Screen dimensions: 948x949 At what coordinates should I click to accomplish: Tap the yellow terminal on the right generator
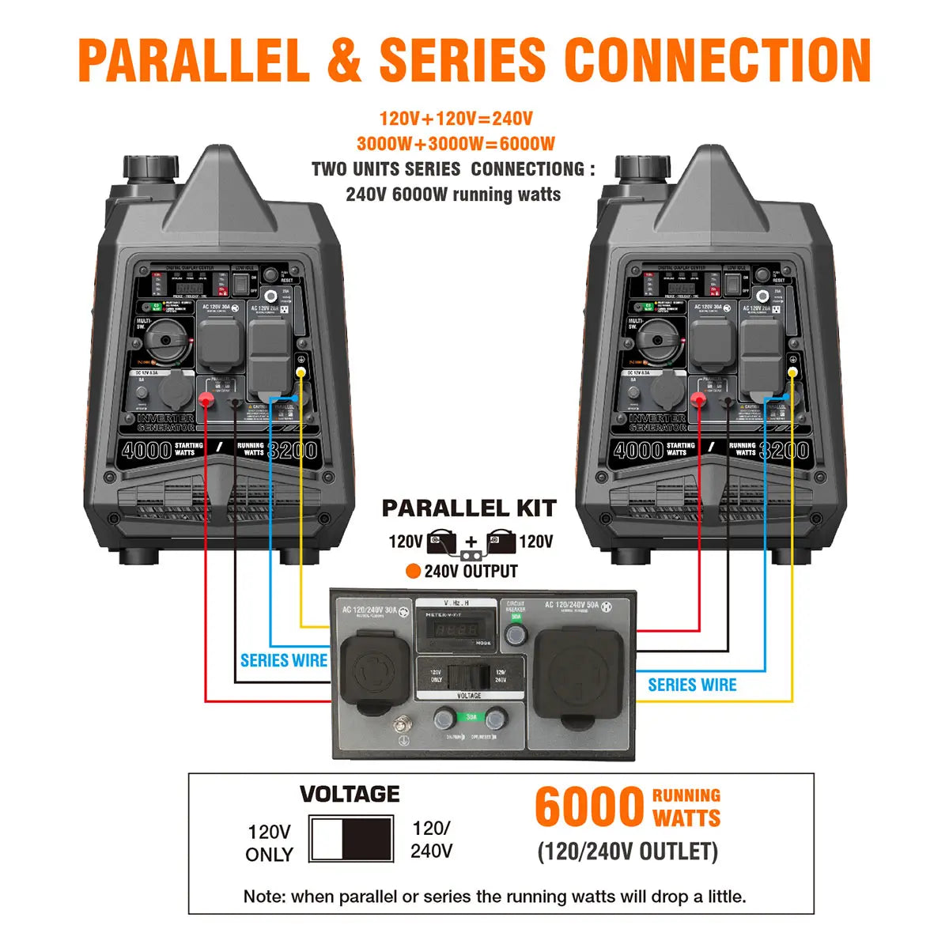pyautogui.click(x=792, y=372)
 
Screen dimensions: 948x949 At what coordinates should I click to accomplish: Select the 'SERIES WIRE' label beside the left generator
pyautogui.click(x=284, y=660)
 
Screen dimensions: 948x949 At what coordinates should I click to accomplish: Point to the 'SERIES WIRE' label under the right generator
pyautogui.click(x=692, y=685)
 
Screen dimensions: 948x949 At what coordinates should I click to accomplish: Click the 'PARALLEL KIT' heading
pyautogui.click(x=469, y=508)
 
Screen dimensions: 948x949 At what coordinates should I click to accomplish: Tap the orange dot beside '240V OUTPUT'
pyautogui.click(x=412, y=572)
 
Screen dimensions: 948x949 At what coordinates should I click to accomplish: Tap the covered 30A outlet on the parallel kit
pyautogui.click(x=375, y=671)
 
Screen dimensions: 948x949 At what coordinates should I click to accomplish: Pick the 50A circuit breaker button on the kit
pyautogui.click(x=516, y=634)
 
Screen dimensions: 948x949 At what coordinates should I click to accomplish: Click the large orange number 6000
pyautogui.click(x=589, y=806)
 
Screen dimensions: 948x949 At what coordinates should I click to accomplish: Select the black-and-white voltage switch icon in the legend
pyautogui.click(x=351, y=839)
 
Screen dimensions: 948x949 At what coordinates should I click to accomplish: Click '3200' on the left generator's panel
pyautogui.click(x=293, y=451)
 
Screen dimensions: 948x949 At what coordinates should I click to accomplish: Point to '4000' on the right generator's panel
pyautogui.click(x=638, y=451)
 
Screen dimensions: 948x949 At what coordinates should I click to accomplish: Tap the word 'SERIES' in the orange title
pyautogui.click(x=463, y=59)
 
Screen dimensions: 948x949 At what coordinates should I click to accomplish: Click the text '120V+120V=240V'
pyautogui.click(x=456, y=119)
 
